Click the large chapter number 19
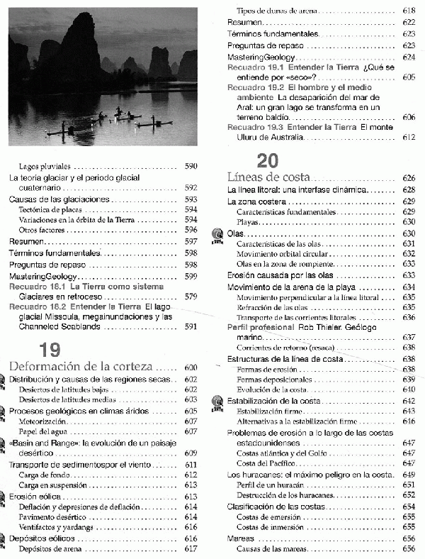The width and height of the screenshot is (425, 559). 50,349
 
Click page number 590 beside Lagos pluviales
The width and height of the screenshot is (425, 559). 190,165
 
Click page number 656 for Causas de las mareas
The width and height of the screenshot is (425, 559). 408,549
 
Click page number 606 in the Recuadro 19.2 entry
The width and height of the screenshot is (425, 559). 408,116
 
